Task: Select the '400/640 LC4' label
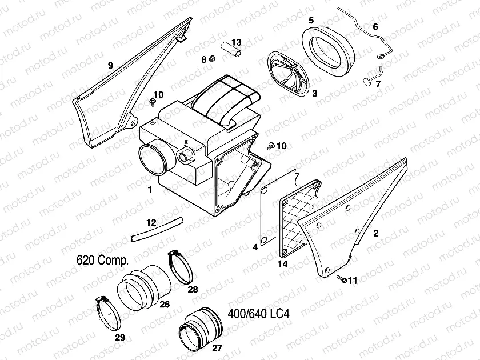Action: point(259,314)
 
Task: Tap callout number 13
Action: point(237,42)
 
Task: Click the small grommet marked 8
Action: point(211,59)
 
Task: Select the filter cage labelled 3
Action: point(289,73)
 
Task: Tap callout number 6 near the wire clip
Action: point(375,27)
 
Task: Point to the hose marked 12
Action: point(156,227)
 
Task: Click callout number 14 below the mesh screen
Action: point(282,264)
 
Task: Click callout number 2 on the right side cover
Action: point(375,233)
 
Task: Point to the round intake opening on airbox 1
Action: point(154,160)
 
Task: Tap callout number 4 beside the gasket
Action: point(255,247)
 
